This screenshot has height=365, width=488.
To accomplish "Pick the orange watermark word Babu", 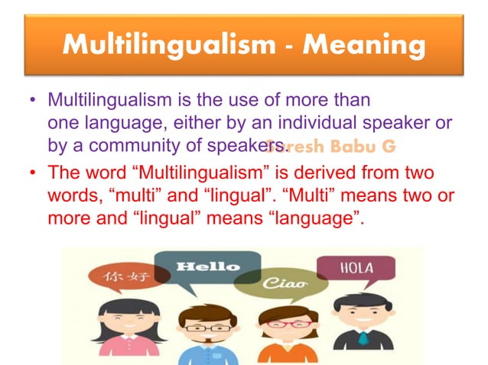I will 363,146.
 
